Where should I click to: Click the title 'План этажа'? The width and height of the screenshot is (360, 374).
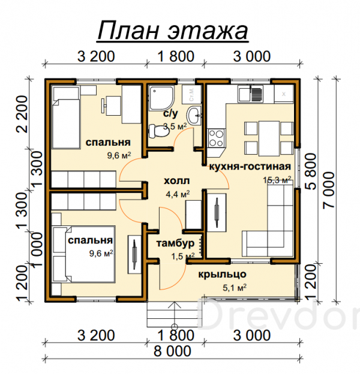(x=173, y=31)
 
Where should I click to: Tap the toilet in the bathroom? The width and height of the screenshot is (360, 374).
(x=158, y=131)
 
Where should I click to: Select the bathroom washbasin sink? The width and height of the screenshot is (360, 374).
(x=194, y=116)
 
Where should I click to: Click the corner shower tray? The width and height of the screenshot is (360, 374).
(x=161, y=98)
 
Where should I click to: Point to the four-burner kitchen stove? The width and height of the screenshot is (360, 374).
(x=216, y=138)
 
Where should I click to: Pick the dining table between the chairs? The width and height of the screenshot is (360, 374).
(x=269, y=138)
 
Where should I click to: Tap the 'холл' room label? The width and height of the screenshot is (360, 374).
(x=176, y=180)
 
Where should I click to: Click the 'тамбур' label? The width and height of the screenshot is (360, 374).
(x=175, y=243)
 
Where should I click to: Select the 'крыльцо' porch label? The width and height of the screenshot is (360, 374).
(x=222, y=275)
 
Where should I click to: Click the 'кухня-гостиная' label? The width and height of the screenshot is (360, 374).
(x=250, y=167)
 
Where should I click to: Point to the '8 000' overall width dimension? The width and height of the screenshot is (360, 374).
(x=172, y=351)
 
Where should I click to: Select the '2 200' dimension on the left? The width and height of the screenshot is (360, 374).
(x=22, y=114)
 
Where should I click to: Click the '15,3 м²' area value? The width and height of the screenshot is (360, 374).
(x=277, y=180)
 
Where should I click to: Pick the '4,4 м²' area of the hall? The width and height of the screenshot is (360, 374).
(x=178, y=194)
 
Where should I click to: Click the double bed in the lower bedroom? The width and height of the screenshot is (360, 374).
(x=83, y=254)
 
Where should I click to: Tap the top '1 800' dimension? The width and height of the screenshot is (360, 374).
(x=176, y=56)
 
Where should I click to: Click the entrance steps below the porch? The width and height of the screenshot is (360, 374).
(x=174, y=315)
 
